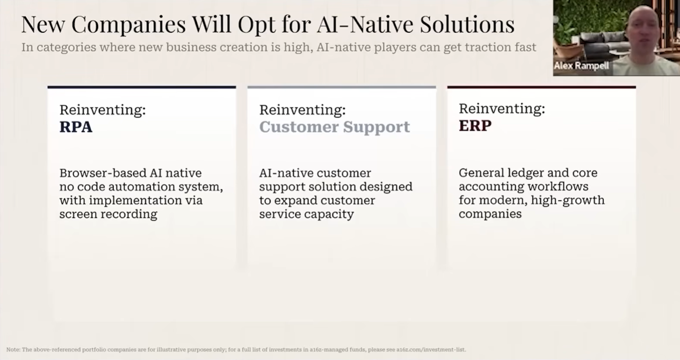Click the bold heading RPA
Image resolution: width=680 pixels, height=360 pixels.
[76, 126]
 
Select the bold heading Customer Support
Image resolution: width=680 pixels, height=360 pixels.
[334, 127]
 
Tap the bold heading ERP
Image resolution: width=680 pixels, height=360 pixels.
[475, 126]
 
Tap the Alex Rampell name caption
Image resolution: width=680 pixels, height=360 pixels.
[581, 65]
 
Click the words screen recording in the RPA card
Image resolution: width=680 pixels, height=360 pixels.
[108, 214]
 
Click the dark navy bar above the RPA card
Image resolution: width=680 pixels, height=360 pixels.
[142, 87]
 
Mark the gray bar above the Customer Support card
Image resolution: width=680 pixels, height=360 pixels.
[342, 87]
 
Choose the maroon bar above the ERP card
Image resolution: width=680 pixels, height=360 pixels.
[541, 87]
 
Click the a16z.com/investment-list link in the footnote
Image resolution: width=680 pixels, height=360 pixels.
[431, 350]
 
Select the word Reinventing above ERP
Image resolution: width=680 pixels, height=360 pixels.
[502, 108]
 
